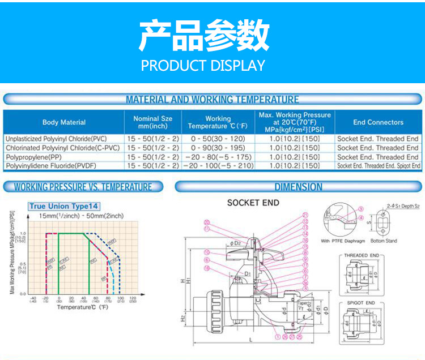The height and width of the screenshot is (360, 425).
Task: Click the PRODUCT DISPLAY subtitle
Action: (x=203, y=66)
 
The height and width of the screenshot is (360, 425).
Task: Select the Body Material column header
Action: (x=64, y=122)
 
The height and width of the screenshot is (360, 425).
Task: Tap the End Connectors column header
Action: (x=378, y=122)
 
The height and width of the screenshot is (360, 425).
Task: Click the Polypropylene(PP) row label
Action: (x=34, y=157)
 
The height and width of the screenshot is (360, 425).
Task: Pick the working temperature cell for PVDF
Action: (x=218, y=166)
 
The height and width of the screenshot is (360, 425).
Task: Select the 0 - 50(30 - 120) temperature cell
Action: (x=218, y=139)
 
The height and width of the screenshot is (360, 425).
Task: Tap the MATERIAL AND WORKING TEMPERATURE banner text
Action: (x=212, y=100)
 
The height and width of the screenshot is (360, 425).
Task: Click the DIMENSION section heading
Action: (x=298, y=187)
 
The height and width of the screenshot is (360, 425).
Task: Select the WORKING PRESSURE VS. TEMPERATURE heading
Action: (x=83, y=187)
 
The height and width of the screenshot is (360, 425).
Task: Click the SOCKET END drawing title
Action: (x=253, y=203)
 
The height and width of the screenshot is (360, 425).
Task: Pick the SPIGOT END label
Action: (x=361, y=303)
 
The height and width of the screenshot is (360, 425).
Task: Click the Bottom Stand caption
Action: (x=384, y=241)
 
